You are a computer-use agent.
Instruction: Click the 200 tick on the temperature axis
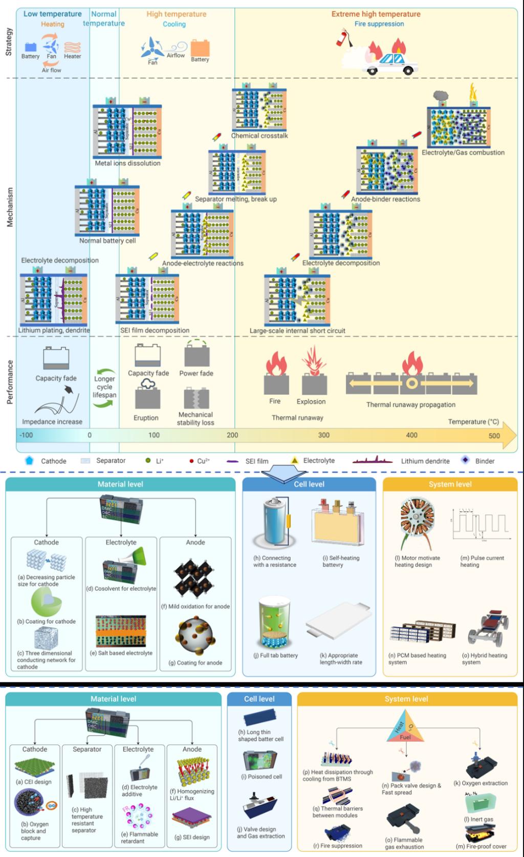click(x=232, y=435)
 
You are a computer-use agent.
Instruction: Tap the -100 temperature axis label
click(x=26, y=435)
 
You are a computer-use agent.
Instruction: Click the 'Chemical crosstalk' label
click(x=259, y=136)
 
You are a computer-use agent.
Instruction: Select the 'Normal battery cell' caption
click(x=107, y=241)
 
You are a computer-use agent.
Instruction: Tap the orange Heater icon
click(x=72, y=48)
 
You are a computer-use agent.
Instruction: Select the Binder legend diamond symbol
click(x=465, y=460)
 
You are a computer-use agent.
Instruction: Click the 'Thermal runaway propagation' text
click(x=410, y=404)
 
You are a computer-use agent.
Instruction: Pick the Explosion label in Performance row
click(x=311, y=402)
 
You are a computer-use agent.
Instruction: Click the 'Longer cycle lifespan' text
click(x=104, y=387)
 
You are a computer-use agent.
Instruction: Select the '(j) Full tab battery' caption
click(x=275, y=655)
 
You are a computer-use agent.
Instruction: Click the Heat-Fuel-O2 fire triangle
click(x=405, y=729)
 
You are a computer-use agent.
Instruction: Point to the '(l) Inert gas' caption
click(x=478, y=819)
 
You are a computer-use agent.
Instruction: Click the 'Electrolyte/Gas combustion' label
click(x=463, y=153)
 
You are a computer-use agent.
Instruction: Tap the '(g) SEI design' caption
click(x=192, y=837)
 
